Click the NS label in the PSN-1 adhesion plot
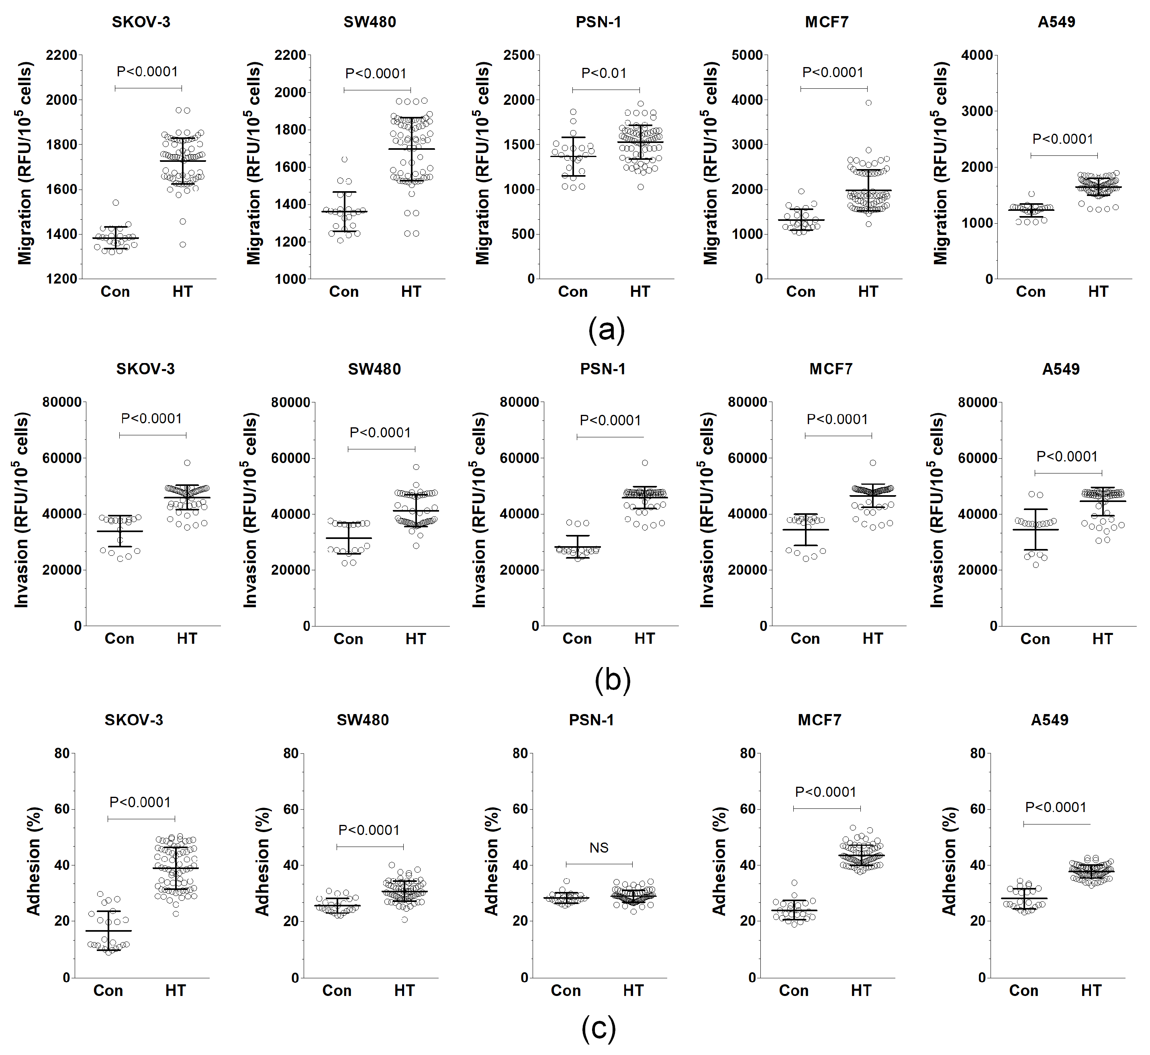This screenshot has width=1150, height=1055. [x=598, y=848]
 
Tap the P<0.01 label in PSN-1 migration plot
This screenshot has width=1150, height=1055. [x=604, y=73]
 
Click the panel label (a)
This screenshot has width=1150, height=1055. [x=607, y=330]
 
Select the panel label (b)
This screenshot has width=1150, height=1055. [x=612, y=680]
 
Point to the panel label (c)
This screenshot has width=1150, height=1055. [x=598, y=1028]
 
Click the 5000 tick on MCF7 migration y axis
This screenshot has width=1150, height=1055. [x=747, y=55]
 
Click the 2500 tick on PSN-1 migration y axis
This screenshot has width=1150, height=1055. [x=519, y=55]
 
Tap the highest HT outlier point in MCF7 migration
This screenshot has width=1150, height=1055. [x=868, y=103]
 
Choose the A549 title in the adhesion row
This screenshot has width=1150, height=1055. [x=1050, y=720]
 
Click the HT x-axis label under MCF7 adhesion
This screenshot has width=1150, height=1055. [x=861, y=990]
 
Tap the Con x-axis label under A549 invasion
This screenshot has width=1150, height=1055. [x=1035, y=639]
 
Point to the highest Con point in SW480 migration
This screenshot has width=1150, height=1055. [x=344, y=159]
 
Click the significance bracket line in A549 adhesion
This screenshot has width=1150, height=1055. [x=1056, y=824]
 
